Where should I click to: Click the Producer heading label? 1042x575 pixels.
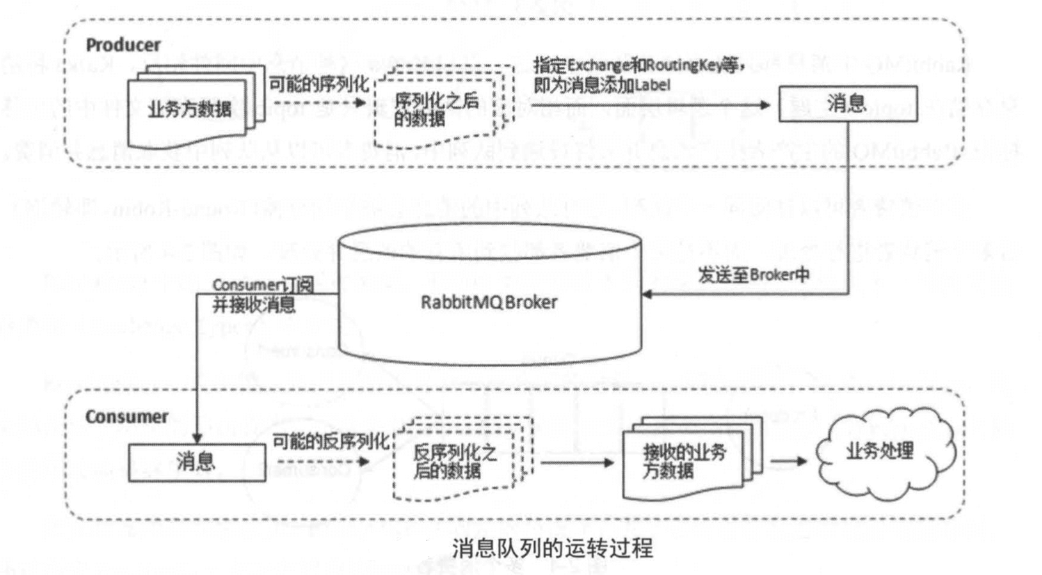pyautogui.click(x=123, y=45)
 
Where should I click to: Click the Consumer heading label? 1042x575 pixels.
pyautogui.click(x=127, y=417)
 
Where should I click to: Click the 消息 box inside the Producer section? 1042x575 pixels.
pyautogui.click(x=847, y=104)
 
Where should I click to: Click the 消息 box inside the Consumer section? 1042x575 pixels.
pyautogui.click(x=196, y=462)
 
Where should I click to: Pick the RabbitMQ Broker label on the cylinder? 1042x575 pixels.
pyautogui.click(x=488, y=302)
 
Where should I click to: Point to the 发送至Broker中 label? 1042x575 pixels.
pyautogui.click(x=753, y=274)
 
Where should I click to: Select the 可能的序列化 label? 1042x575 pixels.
pyautogui.click(x=319, y=85)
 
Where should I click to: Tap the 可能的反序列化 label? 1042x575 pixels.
pyautogui.click(x=330, y=441)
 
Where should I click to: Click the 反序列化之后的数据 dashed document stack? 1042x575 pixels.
pyautogui.click(x=455, y=462)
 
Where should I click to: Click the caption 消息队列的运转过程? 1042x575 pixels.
pyautogui.click(x=552, y=548)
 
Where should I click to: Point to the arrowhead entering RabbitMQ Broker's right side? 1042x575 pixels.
pyautogui.click(x=646, y=294)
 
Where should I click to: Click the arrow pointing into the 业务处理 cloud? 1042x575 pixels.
pyautogui.click(x=790, y=461)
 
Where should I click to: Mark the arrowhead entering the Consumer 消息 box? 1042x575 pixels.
pyautogui.click(x=197, y=437)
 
